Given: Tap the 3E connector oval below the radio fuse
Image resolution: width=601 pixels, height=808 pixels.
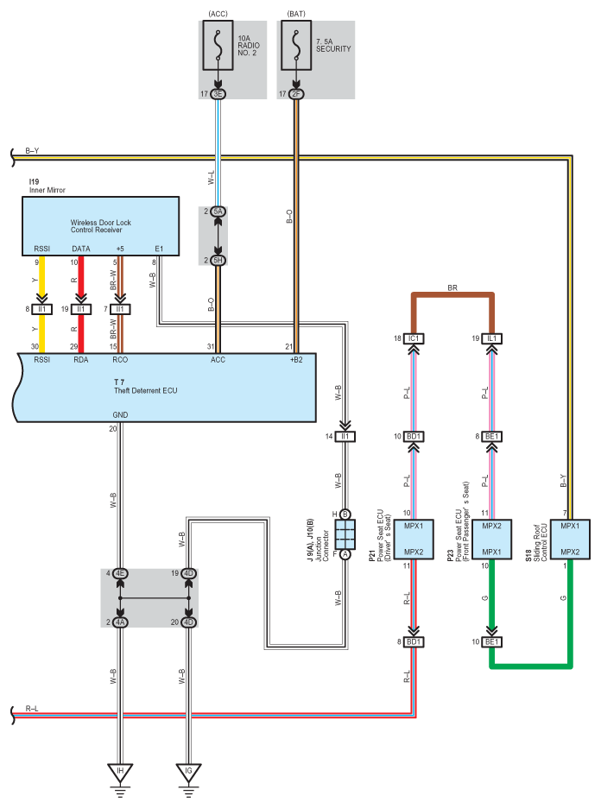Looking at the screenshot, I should pos(218,93).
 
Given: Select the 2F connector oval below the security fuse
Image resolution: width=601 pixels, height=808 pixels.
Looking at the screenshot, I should pos(297,93).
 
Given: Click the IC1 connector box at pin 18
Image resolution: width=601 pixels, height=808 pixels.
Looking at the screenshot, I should pos(415,339).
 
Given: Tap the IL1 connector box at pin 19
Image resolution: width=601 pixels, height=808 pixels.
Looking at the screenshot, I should pos(493,339).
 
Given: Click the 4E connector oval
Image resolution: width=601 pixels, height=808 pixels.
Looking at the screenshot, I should pos(120,572).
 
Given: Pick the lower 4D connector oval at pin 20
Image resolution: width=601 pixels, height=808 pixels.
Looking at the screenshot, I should pos(188,622).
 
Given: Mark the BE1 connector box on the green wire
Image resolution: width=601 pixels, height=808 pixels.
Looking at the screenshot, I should pos(493,641).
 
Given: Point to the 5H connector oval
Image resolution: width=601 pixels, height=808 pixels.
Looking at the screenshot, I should pos(218,260).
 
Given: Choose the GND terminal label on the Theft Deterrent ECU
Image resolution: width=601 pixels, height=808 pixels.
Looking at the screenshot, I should pos(120,414).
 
